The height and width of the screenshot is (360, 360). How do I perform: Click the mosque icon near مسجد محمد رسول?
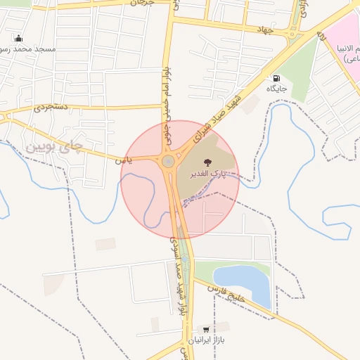click(x=18, y=38)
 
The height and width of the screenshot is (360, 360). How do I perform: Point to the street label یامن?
click(x=125, y=160)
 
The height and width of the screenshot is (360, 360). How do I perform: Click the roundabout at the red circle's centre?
click(x=169, y=162)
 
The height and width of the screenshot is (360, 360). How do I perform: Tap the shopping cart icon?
click(x=206, y=329)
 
